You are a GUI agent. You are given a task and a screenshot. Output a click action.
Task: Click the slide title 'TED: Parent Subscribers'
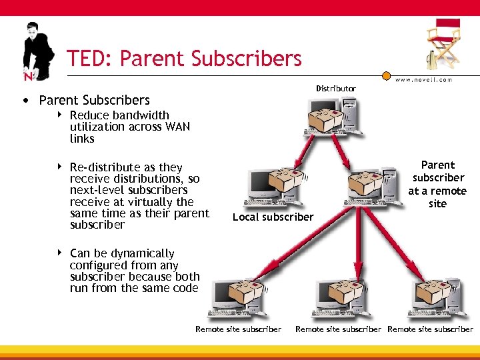tap(184, 59)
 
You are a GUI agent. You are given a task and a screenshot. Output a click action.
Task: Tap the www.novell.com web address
tap(424, 80)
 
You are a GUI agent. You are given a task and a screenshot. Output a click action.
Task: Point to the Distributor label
tap(336, 89)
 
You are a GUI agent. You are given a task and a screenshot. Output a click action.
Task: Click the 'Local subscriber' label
tap(273, 217)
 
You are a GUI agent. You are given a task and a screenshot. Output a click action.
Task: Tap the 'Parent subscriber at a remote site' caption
tap(437, 184)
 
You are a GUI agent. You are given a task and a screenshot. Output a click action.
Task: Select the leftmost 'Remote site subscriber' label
tap(238, 329)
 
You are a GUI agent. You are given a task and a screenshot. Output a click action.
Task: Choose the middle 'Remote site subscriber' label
tap(338, 329)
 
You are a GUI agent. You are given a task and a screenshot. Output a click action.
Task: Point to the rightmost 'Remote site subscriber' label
tap(430, 329)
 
